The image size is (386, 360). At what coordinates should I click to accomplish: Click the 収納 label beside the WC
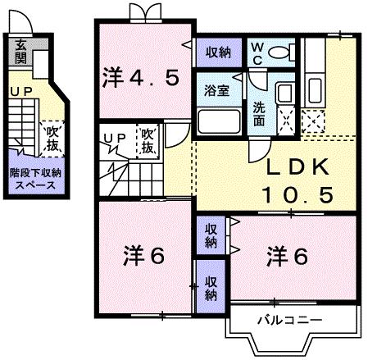point(217,52)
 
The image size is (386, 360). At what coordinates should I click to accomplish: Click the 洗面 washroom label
point(258,114)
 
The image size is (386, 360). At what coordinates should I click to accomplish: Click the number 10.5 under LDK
point(297,194)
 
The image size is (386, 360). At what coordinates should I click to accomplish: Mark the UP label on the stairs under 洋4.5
point(113,136)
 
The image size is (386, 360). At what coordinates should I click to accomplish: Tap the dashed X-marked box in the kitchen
point(312,121)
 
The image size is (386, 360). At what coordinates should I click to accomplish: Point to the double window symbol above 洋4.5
point(141,13)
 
